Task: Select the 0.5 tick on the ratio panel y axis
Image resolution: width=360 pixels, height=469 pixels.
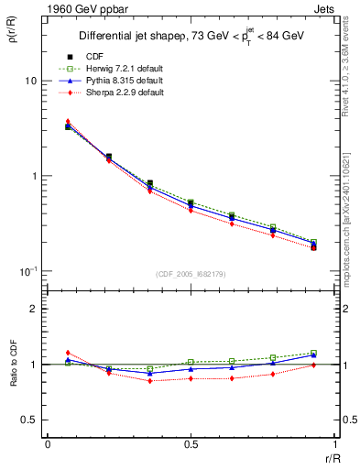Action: point(31,420)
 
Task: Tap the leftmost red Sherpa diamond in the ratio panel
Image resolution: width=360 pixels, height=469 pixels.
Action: point(68,353)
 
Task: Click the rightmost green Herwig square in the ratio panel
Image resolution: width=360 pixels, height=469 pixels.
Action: point(313,353)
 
